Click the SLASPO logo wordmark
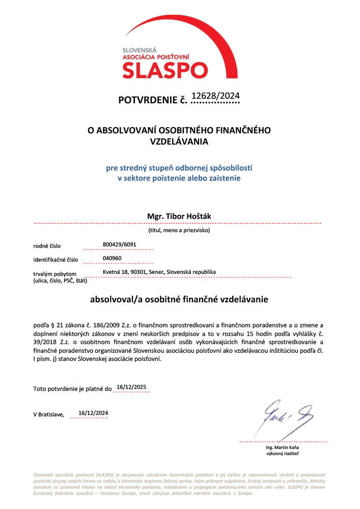(165, 69)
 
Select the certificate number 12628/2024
(214, 95)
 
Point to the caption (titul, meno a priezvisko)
(179, 230)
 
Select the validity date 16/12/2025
(131, 387)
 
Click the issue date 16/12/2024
(93, 413)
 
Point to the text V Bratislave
(48, 415)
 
